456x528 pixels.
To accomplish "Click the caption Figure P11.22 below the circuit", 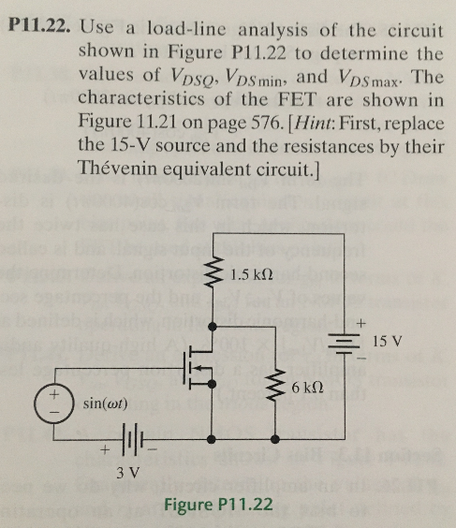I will click(x=217, y=506).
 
